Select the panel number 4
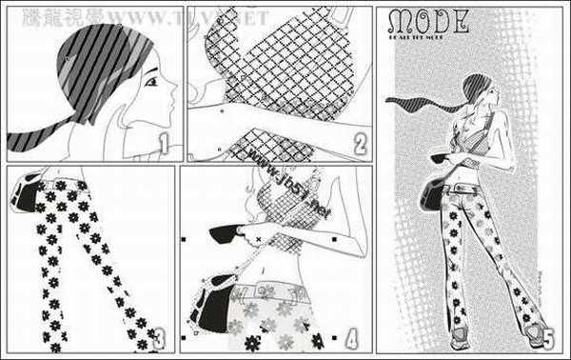pos(351,337)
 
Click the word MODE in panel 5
pos(428,22)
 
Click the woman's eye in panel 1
pos(150,83)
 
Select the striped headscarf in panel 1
pos(95,67)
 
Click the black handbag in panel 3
pos(30,199)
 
